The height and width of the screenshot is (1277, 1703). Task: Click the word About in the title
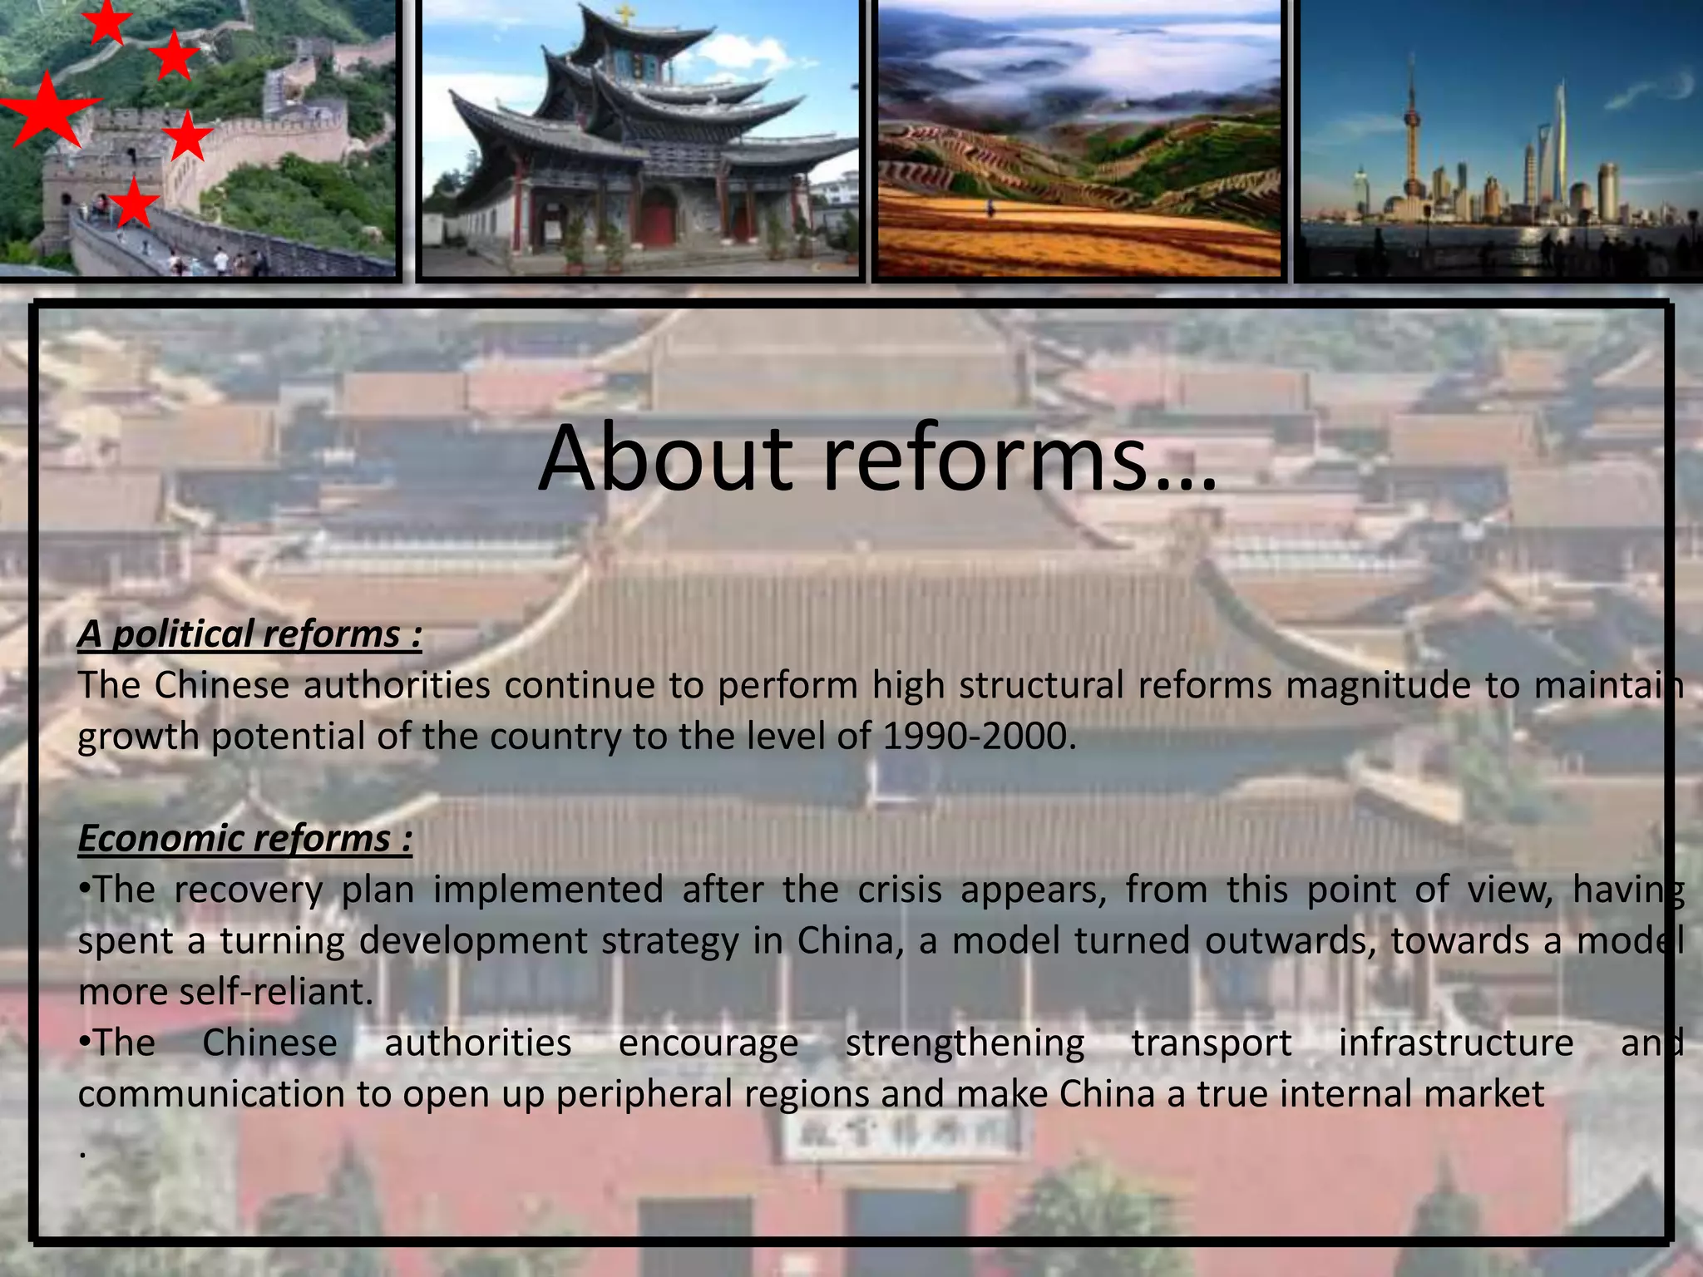point(665,459)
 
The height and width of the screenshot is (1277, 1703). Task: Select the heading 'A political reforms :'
point(249,634)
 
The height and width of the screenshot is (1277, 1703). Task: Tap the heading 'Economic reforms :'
point(244,838)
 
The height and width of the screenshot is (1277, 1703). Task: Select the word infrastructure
point(1455,1043)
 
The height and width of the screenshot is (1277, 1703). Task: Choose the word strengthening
point(965,1043)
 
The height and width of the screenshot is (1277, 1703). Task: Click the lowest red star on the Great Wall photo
point(133,205)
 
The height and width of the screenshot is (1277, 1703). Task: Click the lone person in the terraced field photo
point(990,208)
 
